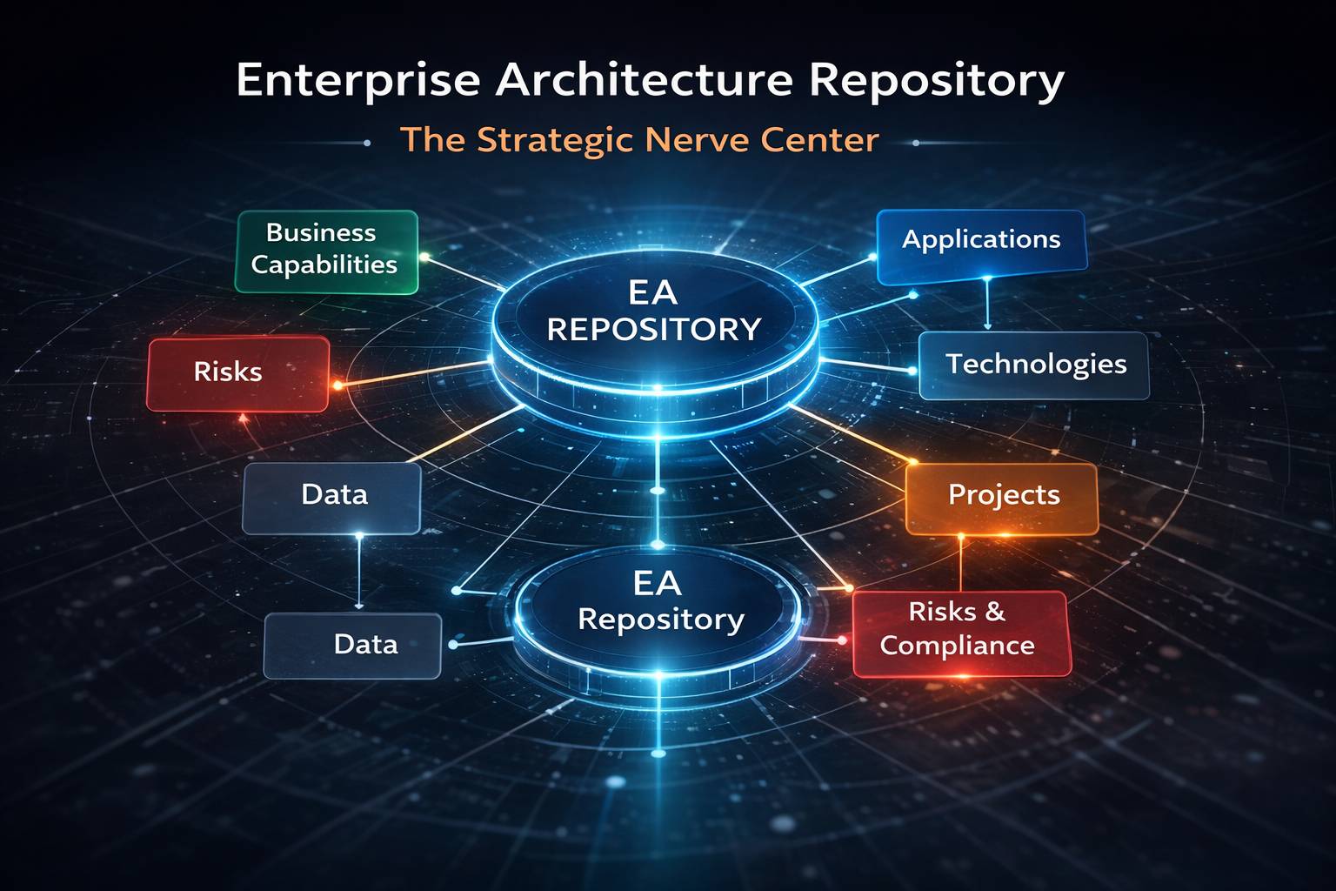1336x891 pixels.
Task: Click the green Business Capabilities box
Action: coord(326,251)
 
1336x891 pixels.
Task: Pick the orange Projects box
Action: coord(1002,497)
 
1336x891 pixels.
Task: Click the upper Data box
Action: coord(332,496)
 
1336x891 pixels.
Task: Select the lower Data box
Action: coord(353,646)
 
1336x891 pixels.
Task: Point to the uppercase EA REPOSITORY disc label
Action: coord(654,312)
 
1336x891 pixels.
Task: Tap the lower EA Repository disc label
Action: coord(659,601)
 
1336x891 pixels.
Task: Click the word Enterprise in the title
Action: coord(357,82)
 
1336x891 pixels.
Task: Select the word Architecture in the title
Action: coord(645,80)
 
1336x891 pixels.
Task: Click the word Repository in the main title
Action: coord(936,82)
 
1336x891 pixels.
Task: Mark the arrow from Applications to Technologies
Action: coord(987,305)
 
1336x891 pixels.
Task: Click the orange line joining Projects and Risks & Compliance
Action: coord(961,563)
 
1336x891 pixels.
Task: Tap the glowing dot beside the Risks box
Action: coord(337,385)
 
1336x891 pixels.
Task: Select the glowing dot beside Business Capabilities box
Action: coord(424,257)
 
